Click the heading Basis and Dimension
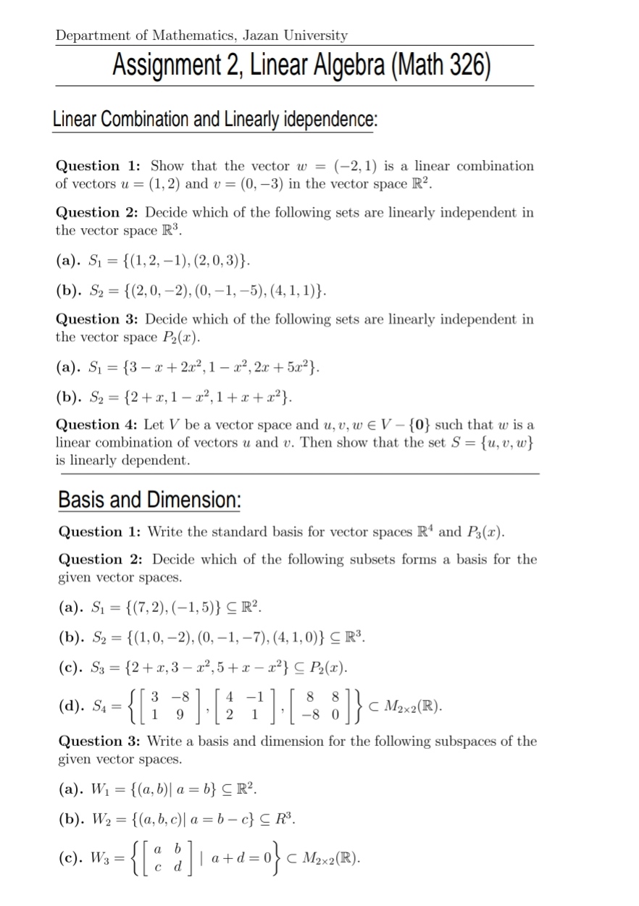point(149,500)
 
